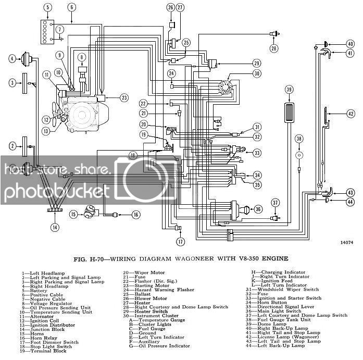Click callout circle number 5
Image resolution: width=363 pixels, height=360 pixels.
pyautogui.click(x=48, y=7)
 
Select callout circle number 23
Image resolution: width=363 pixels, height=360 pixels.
pyautogui.click(x=123, y=97)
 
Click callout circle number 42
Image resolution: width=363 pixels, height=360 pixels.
pyautogui.click(x=351, y=114)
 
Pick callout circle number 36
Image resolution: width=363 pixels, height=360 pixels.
pyautogui.click(x=258, y=209)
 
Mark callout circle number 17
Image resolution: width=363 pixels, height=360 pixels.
pyautogui.click(x=180, y=242)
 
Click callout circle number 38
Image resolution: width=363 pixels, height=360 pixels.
pyautogui.click(x=299, y=139)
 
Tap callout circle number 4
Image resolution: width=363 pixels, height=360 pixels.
pyautogui.click(x=12, y=59)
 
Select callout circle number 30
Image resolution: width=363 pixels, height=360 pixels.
pyautogui.click(x=256, y=74)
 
